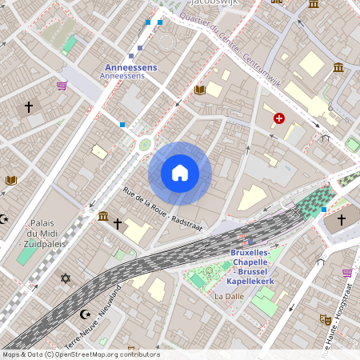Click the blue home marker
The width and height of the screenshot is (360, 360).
coord(180,173)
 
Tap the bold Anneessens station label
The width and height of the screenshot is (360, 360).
coord(131,68)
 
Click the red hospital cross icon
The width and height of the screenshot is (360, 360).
coord(278,118)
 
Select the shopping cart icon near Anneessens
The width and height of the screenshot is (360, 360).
coord(62,86)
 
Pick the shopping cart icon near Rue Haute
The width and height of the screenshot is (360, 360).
coord(346,273)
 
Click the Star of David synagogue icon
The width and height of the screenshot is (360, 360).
coord(66,278)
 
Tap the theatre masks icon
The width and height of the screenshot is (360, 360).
coord(326,319)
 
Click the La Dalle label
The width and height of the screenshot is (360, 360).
coord(229,296)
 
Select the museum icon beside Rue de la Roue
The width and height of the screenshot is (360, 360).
coord(103,216)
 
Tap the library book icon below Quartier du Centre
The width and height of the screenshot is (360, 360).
coord(200,90)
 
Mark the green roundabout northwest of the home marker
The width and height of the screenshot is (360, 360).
coord(144,144)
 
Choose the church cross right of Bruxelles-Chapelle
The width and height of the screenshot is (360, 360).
coord(341,218)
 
